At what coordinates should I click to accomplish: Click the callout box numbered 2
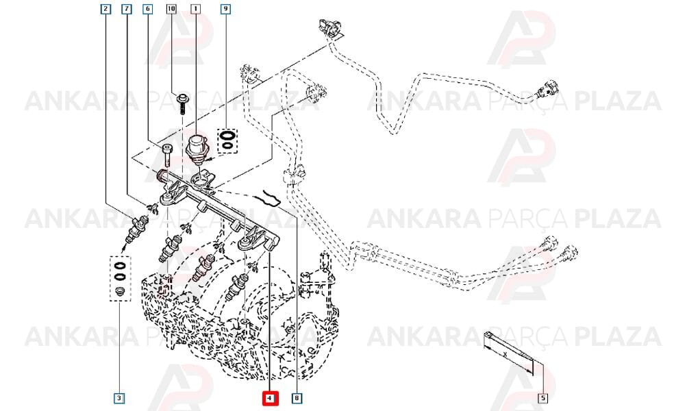click(x=105, y=9)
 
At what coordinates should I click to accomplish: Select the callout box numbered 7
click(x=127, y=9)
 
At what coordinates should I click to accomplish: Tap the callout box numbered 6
click(x=148, y=9)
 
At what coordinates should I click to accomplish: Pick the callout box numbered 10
click(x=171, y=9)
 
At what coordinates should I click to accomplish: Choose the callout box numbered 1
click(x=195, y=9)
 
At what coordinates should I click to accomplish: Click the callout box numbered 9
click(x=225, y=9)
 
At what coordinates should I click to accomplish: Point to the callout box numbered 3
click(x=119, y=398)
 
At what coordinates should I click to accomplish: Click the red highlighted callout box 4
click(x=270, y=398)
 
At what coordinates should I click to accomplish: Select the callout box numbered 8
click(x=297, y=398)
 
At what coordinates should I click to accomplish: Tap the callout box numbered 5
click(x=543, y=398)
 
